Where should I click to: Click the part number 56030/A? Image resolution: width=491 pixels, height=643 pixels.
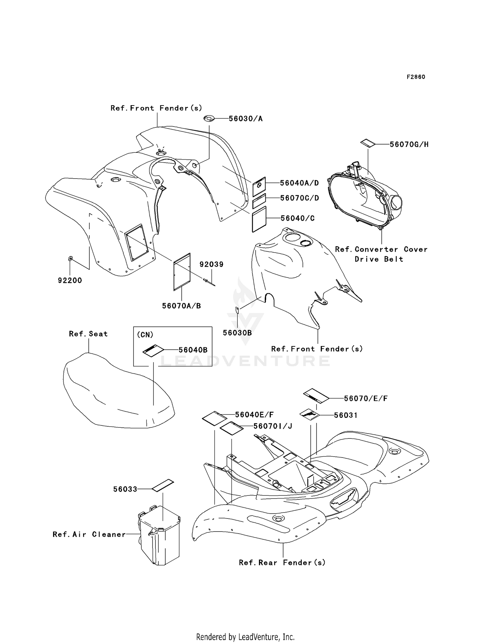click(245, 119)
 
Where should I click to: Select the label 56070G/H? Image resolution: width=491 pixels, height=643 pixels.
click(409, 145)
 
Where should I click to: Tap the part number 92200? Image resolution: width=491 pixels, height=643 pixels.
click(70, 281)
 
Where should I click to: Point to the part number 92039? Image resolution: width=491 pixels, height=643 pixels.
click(211, 264)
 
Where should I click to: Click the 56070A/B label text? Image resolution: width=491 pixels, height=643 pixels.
click(181, 306)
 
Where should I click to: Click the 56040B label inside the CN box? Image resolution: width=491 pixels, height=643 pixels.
click(193, 350)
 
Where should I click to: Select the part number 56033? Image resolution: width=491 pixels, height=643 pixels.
click(125, 489)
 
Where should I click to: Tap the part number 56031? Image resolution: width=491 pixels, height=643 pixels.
click(346, 415)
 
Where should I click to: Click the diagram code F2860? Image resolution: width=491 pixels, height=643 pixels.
click(416, 77)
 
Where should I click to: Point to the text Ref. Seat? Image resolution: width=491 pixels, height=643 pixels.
click(88, 334)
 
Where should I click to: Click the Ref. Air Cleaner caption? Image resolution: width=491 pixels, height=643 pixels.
click(89, 535)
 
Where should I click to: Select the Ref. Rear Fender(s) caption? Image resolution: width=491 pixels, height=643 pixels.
click(282, 563)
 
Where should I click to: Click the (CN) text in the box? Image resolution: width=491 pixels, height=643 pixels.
click(145, 335)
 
